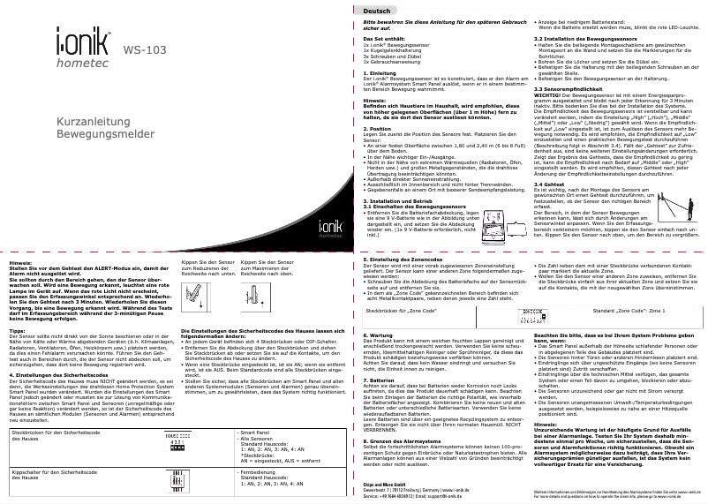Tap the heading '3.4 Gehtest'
pyautogui.click(x=550, y=184)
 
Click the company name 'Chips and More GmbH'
pyautogui.click(x=389, y=485)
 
